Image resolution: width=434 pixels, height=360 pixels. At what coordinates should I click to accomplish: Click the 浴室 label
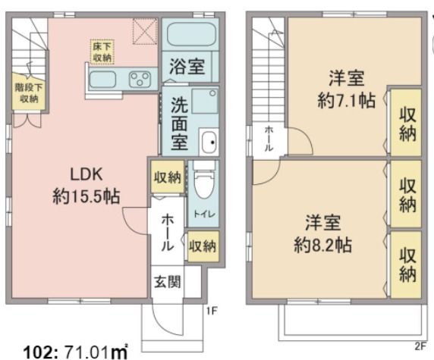(x=187, y=67)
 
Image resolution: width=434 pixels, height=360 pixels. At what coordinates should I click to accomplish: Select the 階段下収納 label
(x=27, y=92)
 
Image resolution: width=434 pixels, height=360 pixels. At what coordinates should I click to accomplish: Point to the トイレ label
(x=203, y=214)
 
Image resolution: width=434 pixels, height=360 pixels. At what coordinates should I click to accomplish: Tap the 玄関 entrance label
(x=168, y=283)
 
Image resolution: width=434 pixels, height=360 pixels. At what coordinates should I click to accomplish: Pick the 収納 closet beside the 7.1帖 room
(x=406, y=124)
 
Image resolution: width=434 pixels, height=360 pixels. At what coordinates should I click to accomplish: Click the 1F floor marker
(x=215, y=311)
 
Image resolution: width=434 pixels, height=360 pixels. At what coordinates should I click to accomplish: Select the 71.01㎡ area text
(x=86, y=350)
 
